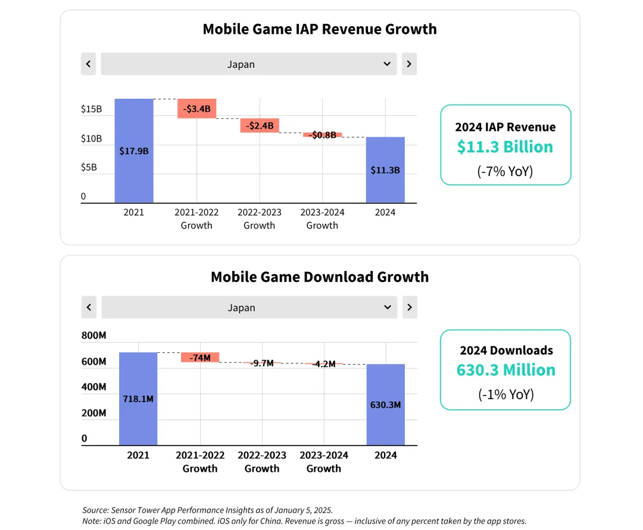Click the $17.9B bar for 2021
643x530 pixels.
tap(134, 150)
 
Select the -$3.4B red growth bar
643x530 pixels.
tap(196, 109)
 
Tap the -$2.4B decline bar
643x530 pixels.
tap(260, 126)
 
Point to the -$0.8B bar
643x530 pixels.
tap(322, 135)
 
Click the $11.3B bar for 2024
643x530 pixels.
tap(385, 170)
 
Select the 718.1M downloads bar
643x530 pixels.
tap(138, 399)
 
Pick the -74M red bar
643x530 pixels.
tap(200, 357)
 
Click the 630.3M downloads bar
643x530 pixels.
tap(385, 404)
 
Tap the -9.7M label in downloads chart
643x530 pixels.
tap(262, 363)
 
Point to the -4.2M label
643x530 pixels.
tap(324, 363)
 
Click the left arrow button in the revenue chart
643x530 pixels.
tap(88, 64)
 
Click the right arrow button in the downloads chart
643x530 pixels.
tap(410, 308)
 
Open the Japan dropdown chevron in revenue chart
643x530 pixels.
tap(387, 64)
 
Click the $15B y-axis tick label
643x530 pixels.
tap(92, 109)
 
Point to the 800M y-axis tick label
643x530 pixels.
tap(94, 335)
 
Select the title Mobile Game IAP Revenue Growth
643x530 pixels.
tap(320, 29)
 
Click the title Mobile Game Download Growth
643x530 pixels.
tap(320, 277)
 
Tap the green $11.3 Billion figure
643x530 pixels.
tap(505, 147)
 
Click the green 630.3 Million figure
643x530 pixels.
tap(505, 370)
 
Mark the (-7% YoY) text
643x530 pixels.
tap(505, 172)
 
